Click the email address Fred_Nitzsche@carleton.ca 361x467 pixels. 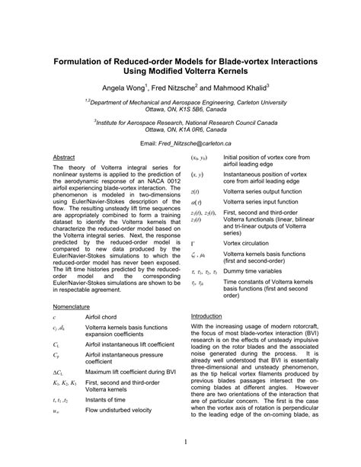pyautogui.click(x=204, y=142)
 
